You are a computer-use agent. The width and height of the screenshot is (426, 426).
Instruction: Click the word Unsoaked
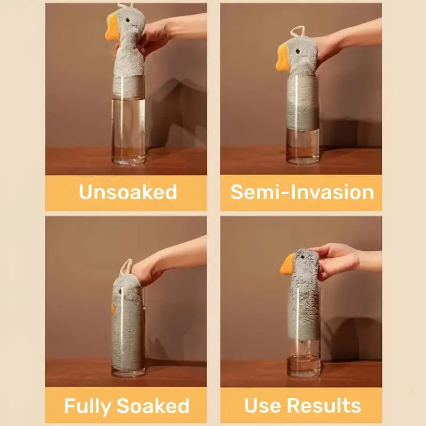tap(128, 192)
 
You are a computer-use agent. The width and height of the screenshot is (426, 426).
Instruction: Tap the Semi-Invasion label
tap(302, 192)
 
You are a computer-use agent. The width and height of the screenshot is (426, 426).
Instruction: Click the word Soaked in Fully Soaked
tap(153, 406)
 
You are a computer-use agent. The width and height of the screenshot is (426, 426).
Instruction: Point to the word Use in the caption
tap(263, 405)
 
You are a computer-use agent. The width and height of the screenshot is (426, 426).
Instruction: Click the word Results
tap(324, 405)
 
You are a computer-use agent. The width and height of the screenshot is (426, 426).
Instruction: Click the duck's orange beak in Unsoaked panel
tap(112, 27)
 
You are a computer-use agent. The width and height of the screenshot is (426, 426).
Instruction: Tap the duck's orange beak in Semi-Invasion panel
tap(282, 58)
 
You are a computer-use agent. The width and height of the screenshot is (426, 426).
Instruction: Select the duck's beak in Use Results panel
tap(288, 264)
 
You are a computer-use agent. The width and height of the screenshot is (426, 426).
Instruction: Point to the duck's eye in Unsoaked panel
tap(128, 20)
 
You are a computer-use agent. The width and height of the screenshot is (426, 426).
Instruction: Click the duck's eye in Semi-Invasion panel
tap(298, 51)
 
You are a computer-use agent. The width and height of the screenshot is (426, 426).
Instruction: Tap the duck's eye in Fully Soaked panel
tap(120, 292)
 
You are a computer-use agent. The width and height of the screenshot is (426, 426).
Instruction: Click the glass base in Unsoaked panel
tap(128, 161)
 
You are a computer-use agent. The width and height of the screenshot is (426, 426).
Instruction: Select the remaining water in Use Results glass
tap(304, 365)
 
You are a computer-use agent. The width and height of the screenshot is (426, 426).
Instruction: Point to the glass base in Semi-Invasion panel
tap(302, 160)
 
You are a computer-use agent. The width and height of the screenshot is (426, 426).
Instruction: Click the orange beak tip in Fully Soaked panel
tap(113, 309)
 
